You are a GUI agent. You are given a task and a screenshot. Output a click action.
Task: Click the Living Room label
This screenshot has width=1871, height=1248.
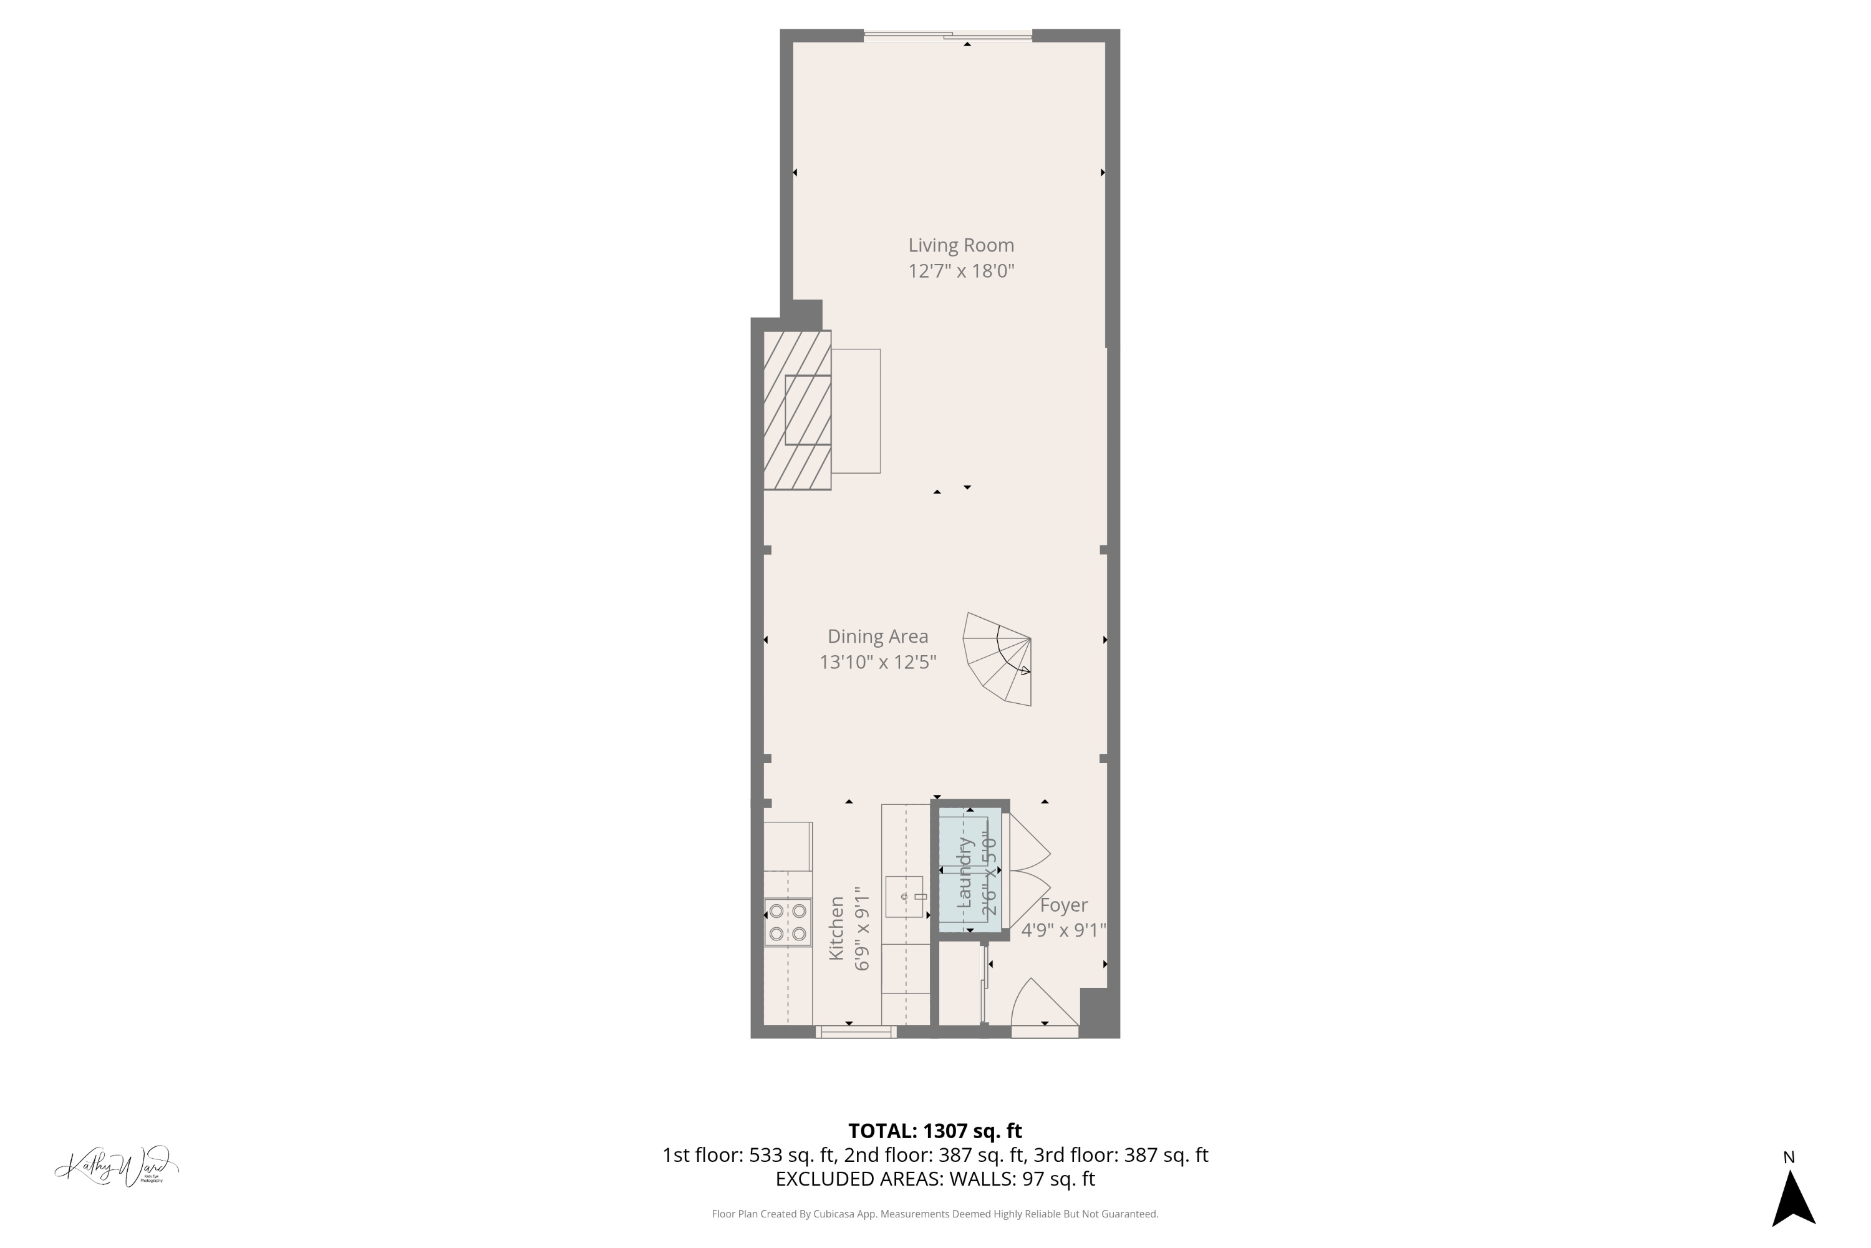(x=961, y=245)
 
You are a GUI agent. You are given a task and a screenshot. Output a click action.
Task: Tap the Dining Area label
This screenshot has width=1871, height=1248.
(x=877, y=636)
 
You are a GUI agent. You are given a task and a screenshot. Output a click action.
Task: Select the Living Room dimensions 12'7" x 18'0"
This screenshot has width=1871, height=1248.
(x=961, y=271)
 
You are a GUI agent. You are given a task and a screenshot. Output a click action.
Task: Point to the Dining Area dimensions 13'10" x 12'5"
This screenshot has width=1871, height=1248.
(x=877, y=662)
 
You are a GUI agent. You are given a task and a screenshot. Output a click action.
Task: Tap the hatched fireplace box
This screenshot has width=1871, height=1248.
(x=797, y=410)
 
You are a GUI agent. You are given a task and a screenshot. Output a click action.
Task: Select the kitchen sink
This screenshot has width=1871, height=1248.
(x=904, y=897)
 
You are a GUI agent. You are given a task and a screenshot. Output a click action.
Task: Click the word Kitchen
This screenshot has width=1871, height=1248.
(x=836, y=928)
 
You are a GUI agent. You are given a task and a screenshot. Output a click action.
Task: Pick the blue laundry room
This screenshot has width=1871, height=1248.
(x=970, y=869)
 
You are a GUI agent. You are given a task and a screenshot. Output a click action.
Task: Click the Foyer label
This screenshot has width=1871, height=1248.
(x=1063, y=905)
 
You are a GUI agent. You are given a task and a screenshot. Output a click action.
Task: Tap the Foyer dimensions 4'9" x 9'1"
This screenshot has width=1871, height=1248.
(x=1063, y=930)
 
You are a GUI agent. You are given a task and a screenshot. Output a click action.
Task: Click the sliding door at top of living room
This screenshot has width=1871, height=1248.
(x=947, y=35)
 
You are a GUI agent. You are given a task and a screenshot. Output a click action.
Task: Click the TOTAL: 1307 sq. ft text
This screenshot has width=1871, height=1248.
(x=935, y=1131)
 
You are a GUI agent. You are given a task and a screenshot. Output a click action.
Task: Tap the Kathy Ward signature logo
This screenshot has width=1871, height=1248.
(x=117, y=1168)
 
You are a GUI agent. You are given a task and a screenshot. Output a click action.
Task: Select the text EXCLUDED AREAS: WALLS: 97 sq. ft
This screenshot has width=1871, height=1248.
(x=935, y=1179)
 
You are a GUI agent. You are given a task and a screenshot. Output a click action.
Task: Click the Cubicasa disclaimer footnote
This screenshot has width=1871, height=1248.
(x=935, y=1214)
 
